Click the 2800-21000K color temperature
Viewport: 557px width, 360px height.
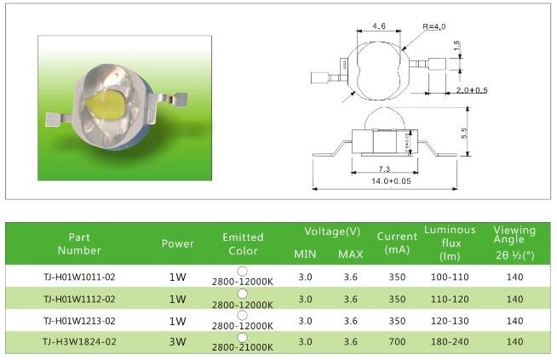[242, 348]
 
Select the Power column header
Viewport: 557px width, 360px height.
[177, 243]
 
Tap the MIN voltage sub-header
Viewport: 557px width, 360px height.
[305, 254]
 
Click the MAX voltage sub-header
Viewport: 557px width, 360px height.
[350, 254]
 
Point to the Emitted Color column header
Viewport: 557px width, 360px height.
[242, 243]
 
